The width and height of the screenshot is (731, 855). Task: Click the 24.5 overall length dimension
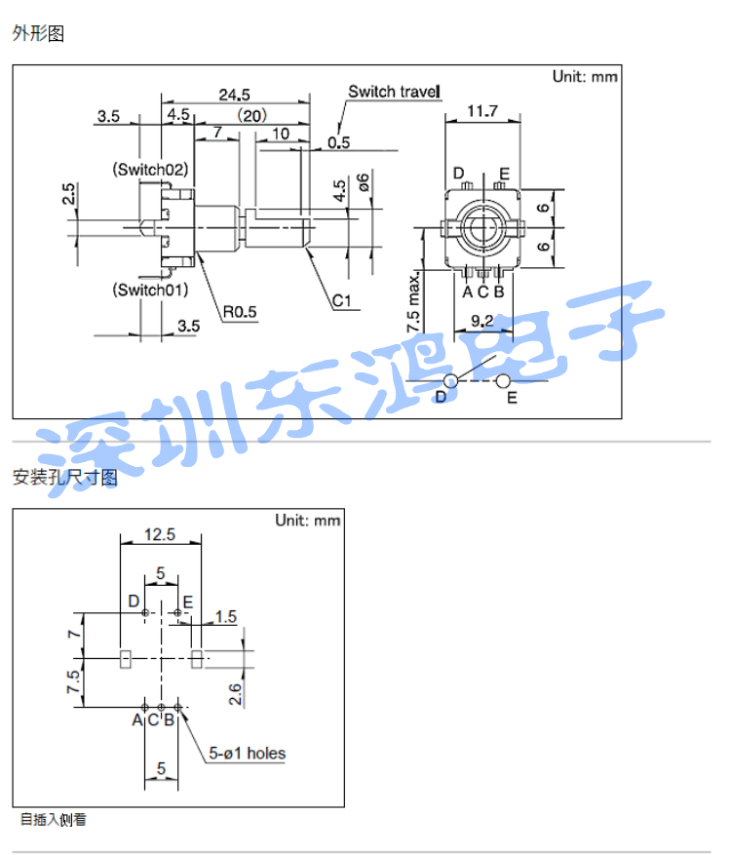(x=234, y=95)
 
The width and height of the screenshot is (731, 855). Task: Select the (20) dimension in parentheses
(x=251, y=116)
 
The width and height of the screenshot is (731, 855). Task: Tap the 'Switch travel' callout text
(x=394, y=92)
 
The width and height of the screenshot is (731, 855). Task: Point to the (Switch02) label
(x=150, y=170)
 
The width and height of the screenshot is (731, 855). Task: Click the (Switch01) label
(x=150, y=290)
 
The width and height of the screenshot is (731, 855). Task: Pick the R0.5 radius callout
(x=240, y=312)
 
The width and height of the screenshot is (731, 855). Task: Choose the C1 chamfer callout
(x=342, y=300)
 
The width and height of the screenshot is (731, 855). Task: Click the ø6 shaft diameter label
(x=363, y=182)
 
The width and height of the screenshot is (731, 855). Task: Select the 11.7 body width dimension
(x=482, y=111)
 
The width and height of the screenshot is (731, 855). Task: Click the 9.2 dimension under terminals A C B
(x=482, y=320)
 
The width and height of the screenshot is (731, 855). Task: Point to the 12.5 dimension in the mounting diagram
(x=160, y=534)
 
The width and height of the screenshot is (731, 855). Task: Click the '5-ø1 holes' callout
(x=247, y=753)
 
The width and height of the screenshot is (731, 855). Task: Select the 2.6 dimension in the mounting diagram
(x=235, y=694)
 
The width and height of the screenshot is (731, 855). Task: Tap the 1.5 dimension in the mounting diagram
(x=226, y=617)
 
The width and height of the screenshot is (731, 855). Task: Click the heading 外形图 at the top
(x=38, y=33)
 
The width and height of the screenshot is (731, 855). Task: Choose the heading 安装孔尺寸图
(x=65, y=477)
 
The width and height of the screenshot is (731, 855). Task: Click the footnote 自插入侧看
(x=54, y=820)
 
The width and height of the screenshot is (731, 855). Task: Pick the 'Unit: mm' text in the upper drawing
(x=585, y=76)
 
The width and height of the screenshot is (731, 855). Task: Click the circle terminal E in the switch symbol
(x=503, y=380)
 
